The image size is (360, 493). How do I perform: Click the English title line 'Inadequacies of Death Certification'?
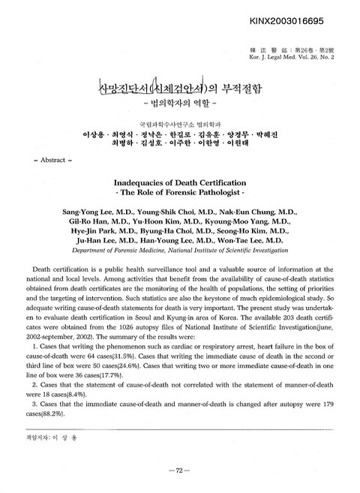pyautogui.click(x=180, y=181)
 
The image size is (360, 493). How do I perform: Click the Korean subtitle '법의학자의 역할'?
pyautogui.click(x=180, y=98)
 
